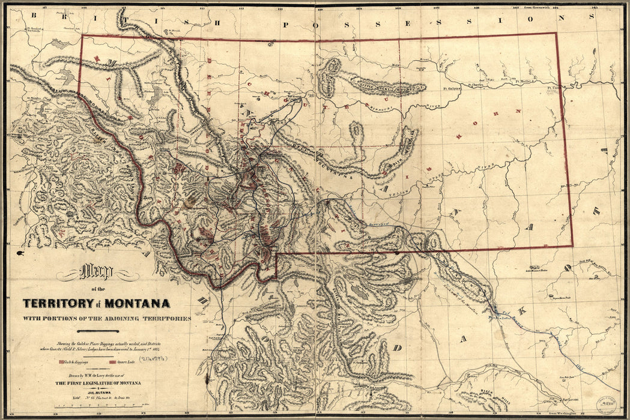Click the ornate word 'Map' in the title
click(96, 273)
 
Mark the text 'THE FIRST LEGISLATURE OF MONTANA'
click(99, 383)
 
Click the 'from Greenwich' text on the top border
click(536, 7)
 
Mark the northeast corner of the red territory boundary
click(556, 33)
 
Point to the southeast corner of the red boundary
click(572, 247)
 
